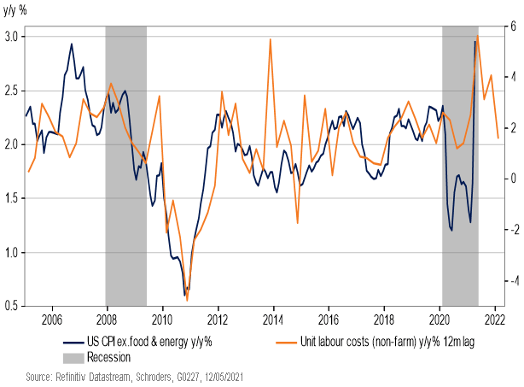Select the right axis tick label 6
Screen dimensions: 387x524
click(512, 26)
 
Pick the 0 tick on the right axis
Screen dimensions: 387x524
click(512, 179)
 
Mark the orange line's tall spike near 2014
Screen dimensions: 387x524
click(270, 39)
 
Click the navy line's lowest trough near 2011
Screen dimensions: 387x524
click(185, 296)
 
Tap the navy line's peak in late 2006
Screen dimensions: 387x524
click(71, 44)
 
